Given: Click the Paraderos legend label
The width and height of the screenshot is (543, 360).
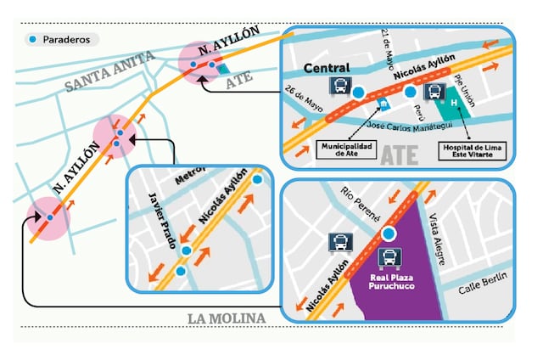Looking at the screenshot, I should (68, 40).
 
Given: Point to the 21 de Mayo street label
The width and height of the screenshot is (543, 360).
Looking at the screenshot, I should (389, 44).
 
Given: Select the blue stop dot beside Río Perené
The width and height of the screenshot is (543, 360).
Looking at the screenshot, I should (389, 233).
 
